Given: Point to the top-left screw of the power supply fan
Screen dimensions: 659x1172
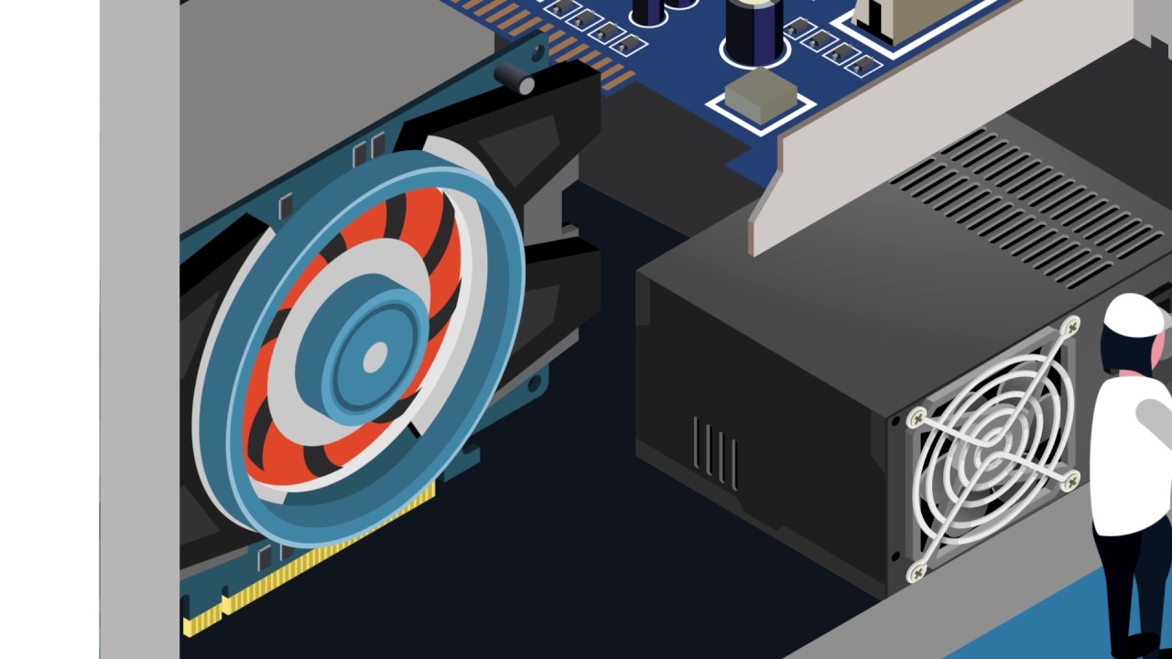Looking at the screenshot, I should point(916,418).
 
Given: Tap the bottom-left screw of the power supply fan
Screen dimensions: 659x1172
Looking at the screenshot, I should point(917,572).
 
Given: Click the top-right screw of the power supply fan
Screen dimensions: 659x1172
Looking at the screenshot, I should point(1070,326).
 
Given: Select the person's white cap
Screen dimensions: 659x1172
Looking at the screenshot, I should point(1133,314).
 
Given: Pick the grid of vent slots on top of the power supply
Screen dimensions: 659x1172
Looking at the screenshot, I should point(1025,206).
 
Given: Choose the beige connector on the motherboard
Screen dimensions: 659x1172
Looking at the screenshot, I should point(906,18).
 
